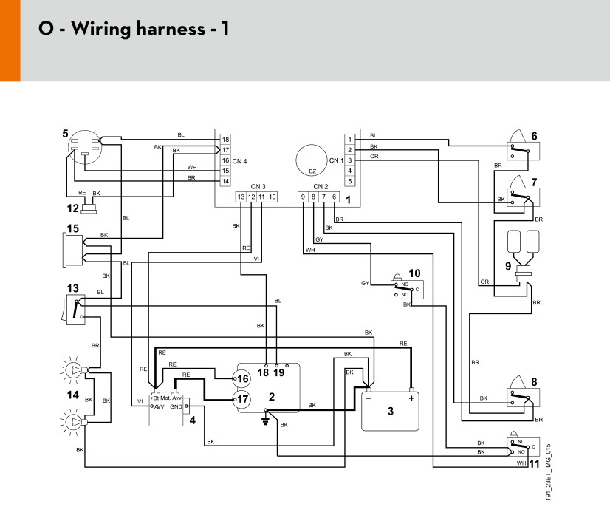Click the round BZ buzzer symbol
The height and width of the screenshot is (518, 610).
pos(312,160)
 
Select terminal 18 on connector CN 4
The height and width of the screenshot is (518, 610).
pos(226,140)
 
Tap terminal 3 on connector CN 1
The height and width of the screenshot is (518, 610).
pos(350,160)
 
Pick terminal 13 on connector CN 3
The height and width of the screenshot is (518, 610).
pos(241,197)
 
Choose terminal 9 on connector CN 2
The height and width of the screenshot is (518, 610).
pos(303,197)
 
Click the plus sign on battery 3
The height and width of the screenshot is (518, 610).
pos(411,398)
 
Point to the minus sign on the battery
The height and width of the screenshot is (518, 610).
pos(369,398)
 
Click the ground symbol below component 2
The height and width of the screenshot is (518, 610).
pos(265,420)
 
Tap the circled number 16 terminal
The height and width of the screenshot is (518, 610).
pos(241,378)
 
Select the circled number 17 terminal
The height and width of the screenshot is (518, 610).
pos(241,399)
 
